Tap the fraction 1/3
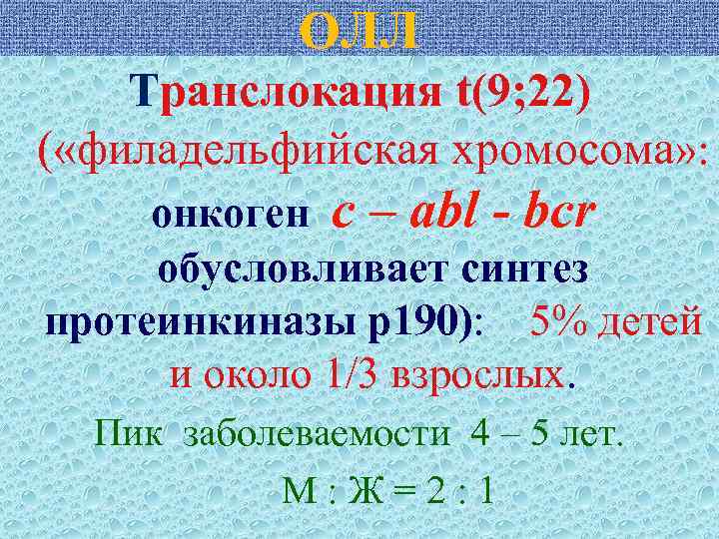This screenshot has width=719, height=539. (x=351, y=378)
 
